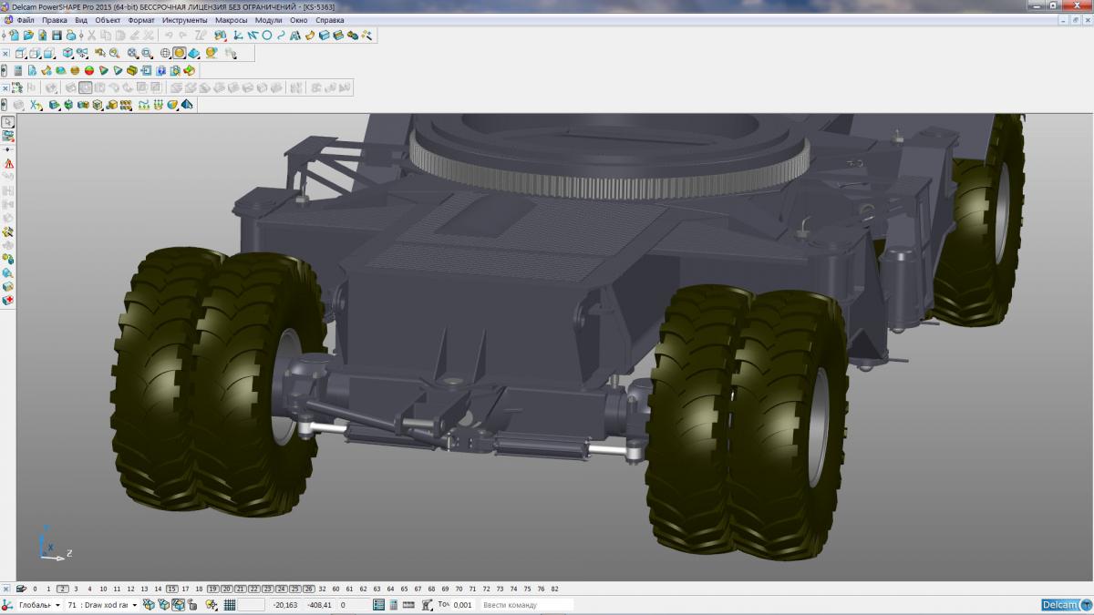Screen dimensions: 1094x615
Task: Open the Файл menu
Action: click(26, 20)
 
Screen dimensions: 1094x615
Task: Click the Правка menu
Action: click(54, 20)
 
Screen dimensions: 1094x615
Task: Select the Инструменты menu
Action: click(184, 20)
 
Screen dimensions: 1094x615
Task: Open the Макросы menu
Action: click(231, 20)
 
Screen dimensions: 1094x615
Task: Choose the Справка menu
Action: click(330, 20)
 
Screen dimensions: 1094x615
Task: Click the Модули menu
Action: click(269, 20)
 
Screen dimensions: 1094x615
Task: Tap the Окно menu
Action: click(298, 20)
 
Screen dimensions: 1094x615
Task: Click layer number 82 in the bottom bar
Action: click(554, 589)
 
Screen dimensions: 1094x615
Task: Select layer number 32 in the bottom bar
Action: click(322, 589)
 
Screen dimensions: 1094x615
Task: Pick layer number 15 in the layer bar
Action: click(172, 589)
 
